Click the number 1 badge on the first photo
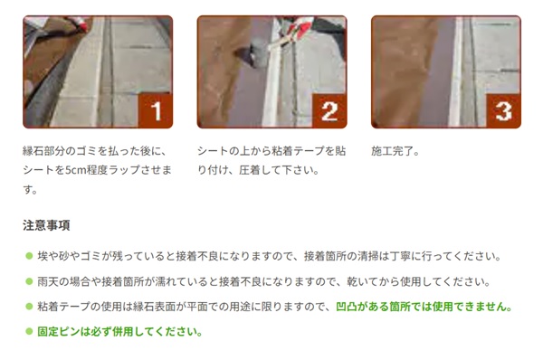click(x=155, y=110)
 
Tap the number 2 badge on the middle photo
click(x=329, y=110)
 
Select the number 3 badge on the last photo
click(x=503, y=110)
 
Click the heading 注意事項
click(x=46, y=225)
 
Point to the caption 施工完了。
click(x=395, y=151)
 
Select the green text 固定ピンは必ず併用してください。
click(x=119, y=332)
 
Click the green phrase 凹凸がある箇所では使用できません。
click(x=424, y=307)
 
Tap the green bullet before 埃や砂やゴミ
click(x=29, y=256)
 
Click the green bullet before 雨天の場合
click(x=29, y=281)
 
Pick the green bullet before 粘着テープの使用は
click(x=29, y=307)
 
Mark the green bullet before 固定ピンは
click(x=29, y=332)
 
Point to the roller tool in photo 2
click(x=254, y=54)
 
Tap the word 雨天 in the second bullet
click(x=48, y=281)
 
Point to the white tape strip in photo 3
click(x=456, y=71)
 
